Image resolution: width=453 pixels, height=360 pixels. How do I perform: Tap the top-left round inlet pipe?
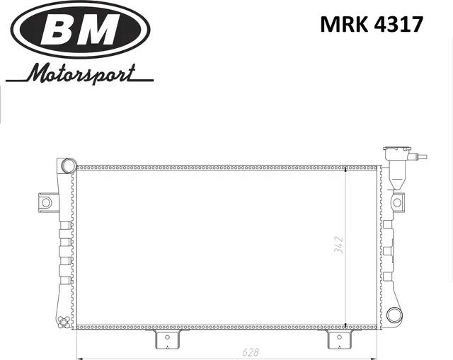pyautogui.click(x=68, y=166)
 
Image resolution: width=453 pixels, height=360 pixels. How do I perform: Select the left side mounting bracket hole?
pyautogui.click(x=46, y=202)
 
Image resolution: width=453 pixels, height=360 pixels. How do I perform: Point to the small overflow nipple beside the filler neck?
pyautogui.click(x=422, y=158)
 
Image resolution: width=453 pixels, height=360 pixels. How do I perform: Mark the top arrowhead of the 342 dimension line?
pyautogui.click(x=345, y=170)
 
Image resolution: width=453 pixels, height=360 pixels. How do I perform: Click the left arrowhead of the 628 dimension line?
pyautogui.click(x=79, y=356)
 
